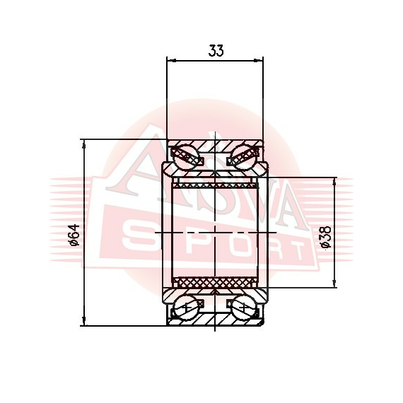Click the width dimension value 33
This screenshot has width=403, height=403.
(216, 50)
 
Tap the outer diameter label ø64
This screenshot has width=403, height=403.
(74, 235)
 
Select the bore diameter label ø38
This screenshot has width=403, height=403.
(326, 238)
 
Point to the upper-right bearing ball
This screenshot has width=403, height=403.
(243, 157)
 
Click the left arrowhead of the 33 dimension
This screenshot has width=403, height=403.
(171, 60)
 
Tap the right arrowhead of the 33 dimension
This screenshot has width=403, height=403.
(259, 60)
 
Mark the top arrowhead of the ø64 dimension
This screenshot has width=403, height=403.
(83, 144)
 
